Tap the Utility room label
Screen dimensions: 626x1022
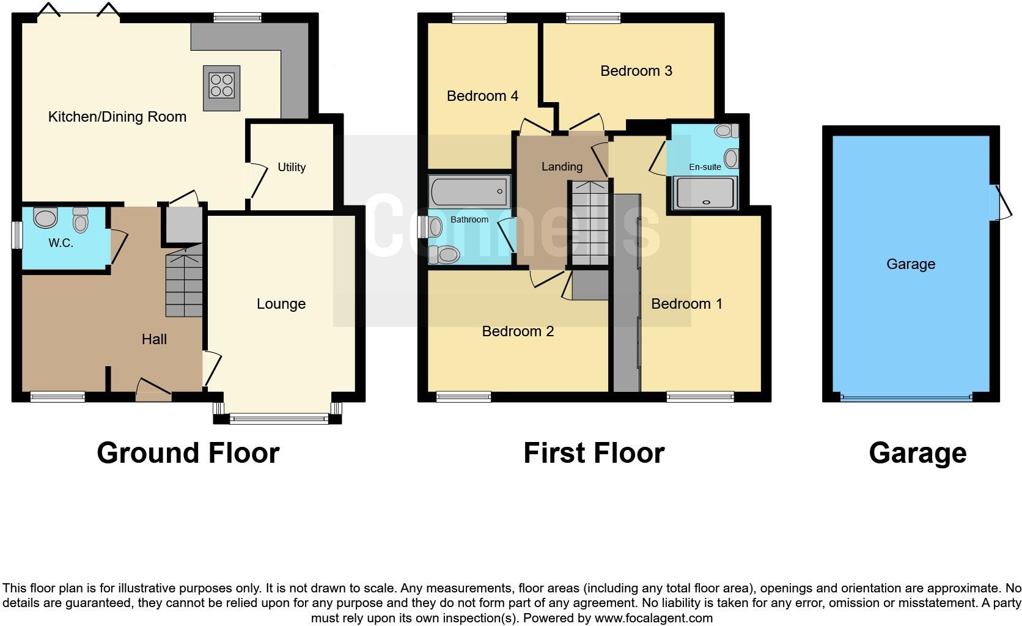(292, 167)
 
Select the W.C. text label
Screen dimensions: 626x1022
(61, 243)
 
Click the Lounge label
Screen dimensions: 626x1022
(281, 304)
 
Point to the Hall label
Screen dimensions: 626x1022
(154, 339)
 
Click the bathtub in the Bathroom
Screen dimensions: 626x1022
(469, 192)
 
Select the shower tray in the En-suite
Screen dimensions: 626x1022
(705, 193)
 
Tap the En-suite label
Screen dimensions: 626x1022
(705, 167)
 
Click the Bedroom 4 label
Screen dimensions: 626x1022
(482, 96)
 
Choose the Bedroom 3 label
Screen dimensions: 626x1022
(636, 71)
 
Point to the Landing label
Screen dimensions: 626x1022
(562, 166)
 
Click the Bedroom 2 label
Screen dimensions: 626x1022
(518, 331)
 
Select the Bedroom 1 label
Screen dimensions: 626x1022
(686, 304)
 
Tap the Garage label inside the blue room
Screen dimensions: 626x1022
(911, 264)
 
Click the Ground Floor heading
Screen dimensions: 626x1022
(188, 453)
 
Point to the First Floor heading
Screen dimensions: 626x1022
(594, 453)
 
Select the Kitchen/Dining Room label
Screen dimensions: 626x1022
(117, 117)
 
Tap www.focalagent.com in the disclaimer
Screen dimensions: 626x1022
(653, 618)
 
